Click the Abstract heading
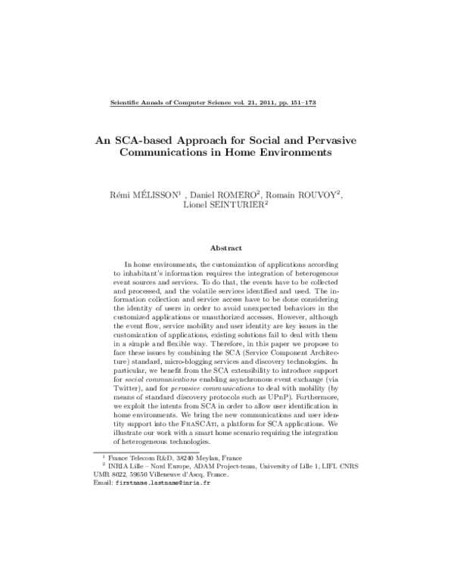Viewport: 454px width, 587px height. click(x=227, y=248)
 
